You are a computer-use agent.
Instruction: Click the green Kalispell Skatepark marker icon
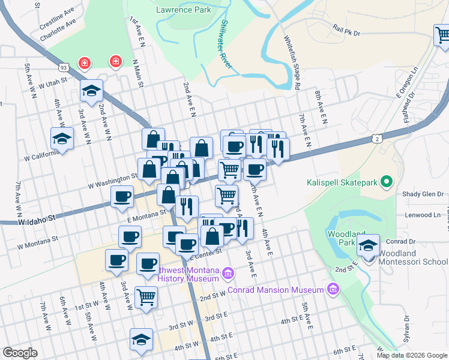click(388, 181)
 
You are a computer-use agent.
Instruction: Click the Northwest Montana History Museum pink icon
click(228, 274)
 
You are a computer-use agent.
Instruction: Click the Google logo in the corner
click(20, 353)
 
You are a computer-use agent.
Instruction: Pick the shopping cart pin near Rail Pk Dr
click(442, 35)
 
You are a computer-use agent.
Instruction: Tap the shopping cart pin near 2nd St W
click(146, 296)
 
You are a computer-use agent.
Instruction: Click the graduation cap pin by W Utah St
click(91, 91)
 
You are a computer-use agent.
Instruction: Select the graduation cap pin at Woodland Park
click(368, 245)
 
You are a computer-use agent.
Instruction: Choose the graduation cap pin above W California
click(61, 139)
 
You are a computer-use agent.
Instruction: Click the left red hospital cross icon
click(85, 63)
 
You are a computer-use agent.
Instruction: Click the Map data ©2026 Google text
click(411, 355)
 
